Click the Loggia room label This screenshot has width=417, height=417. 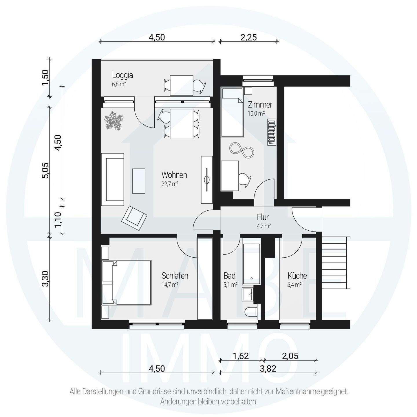click(x=122, y=75)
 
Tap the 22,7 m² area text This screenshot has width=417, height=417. click(x=170, y=184)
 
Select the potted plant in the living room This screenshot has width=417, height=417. click(x=114, y=121)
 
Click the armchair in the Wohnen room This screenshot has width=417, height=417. click(x=134, y=218)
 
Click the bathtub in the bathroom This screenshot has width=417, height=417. click(x=251, y=264)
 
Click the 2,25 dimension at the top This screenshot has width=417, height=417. click(x=249, y=37)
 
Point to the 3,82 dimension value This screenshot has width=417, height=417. click(x=268, y=369)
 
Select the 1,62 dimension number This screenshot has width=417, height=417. click(x=241, y=356)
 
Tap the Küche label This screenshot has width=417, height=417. click(x=297, y=276)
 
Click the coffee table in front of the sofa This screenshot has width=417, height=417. click(x=139, y=181)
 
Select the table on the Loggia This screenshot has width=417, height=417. click(x=181, y=85)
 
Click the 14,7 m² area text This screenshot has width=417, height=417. click(x=170, y=285)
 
